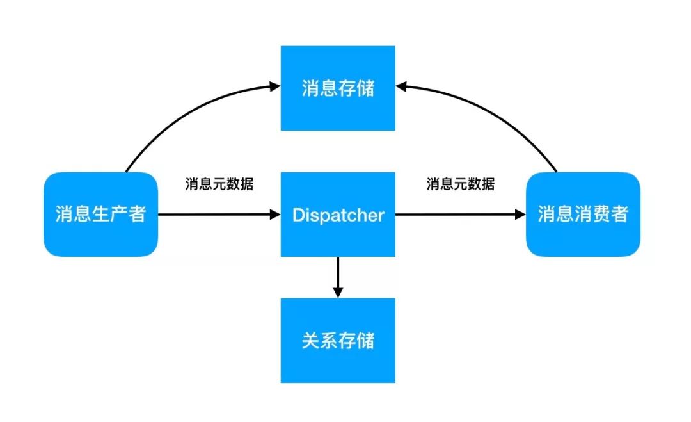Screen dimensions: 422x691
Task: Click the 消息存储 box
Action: coord(338,88)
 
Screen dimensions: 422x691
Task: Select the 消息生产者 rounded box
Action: coord(100,215)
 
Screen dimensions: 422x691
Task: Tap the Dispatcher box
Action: coord(338,215)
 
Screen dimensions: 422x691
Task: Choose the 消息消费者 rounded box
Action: coord(582,215)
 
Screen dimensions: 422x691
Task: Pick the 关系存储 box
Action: coord(338,341)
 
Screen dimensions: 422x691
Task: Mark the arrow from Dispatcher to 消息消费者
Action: coord(457,215)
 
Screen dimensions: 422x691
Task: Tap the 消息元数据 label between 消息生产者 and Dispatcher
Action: coord(219,184)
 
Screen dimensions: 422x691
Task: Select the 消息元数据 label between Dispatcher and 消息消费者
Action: coord(461,184)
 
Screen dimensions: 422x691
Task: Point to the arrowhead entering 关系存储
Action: coord(338,291)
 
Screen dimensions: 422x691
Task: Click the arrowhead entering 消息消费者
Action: coord(519,215)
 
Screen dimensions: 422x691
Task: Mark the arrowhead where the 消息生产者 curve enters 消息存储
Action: coord(274,85)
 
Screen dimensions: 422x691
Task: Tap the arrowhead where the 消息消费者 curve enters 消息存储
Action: coord(402,85)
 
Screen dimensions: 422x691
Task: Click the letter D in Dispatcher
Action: coord(298,215)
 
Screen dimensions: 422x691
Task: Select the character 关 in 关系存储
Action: coord(310,341)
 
